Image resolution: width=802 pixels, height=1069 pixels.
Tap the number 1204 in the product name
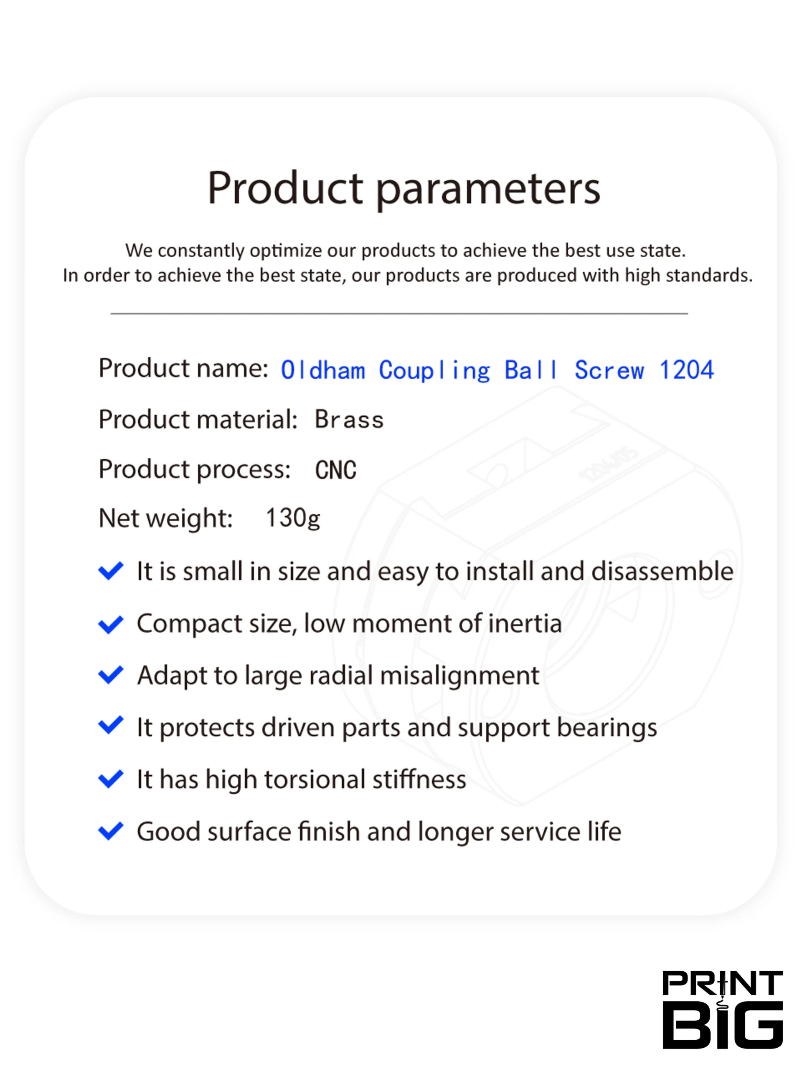(x=686, y=370)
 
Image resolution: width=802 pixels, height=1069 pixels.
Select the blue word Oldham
(x=323, y=370)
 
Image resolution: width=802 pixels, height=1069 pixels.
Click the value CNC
(x=335, y=470)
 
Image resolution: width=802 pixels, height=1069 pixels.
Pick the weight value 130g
(x=293, y=519)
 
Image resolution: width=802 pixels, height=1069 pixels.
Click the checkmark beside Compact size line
(x=111, y=624)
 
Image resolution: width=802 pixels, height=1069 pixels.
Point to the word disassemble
(x=662, y=571)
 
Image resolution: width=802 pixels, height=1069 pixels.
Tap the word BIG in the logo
(x=722, y=1025)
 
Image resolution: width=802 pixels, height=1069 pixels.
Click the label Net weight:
(x=166, y=519)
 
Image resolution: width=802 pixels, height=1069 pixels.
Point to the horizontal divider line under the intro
(x=399, y=314)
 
